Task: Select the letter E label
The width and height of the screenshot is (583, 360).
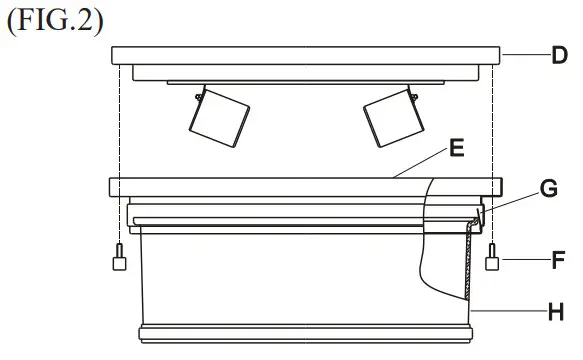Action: click(x=456, y=147)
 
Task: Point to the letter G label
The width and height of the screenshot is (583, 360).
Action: click(x=547, y=190)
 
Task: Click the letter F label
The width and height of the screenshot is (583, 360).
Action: click(x=559, y=265)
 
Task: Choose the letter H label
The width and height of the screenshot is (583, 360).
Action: click(x=557, y=312)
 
